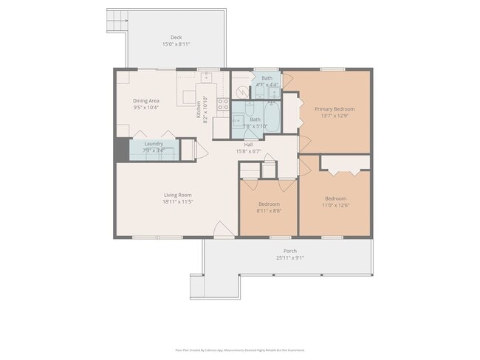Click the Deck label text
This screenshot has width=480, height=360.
(x=176, y=37)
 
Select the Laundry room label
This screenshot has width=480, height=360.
(x=154, y=144)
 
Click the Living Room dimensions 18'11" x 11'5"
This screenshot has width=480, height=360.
(x=177, y=201)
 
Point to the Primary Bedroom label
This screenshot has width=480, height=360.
(x=329, y=109)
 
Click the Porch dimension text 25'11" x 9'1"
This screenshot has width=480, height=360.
(x=289, y=257)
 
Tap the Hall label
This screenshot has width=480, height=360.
(x=249, y=145)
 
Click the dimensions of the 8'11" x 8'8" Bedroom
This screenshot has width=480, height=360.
(x=269, y=210)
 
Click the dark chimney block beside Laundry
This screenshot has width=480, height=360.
(x=121, y=149)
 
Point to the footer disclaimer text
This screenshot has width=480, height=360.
(x=239, y=350)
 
